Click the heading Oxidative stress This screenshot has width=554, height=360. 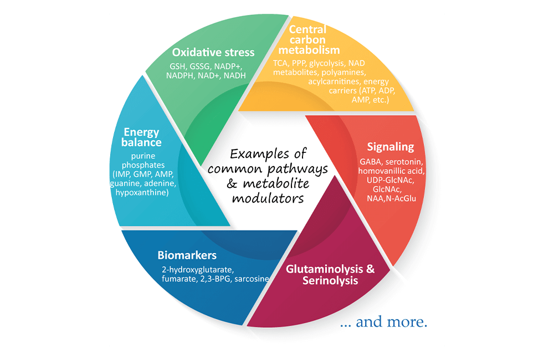tap(213, 52)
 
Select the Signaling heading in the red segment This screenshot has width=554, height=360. tap(391, 147)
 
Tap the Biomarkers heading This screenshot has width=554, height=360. tap(187, 255)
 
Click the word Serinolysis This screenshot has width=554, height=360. tap(330, 280)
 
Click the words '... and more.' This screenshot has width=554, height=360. tap(384, 322)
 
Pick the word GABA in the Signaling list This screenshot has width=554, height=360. tap(371, 162)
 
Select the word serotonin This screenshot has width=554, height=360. tap(404, 162)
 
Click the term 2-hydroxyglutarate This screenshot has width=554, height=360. tap(198, 270)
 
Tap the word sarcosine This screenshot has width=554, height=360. tap(252, 279)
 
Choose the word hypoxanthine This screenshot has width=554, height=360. tap(142, 193)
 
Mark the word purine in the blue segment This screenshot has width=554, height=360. tap(143, 156)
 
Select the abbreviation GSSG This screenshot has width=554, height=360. tap(199, 66)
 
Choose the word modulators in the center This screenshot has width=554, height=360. tap(268, 198)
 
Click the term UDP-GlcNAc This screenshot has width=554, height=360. tap(391, 180)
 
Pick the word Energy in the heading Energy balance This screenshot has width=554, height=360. tap(141, 132)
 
